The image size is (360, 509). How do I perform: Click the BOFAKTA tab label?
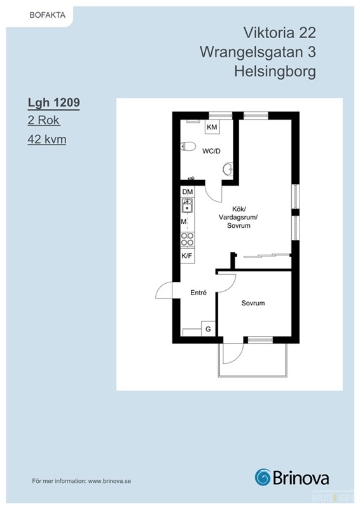click(x=48, y=15)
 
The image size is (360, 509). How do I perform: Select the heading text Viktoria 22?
click(x=279, y=32)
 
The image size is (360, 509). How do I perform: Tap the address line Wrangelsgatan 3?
click(x=258, y=52)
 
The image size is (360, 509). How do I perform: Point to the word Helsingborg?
click(x=275, y=72)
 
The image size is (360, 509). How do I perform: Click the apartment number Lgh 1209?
click(x=53, y=102)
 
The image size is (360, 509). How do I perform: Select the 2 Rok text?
click(x=43, y=120)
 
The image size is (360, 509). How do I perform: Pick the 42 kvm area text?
click(x=47, y=139)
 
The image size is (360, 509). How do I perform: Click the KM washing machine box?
click(x=212, y=127)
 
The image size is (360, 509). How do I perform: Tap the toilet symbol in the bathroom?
click(x=188, y=147)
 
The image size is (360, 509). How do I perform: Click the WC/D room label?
click(x=211, y=151)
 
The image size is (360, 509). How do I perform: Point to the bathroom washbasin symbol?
click(x=228, y=169)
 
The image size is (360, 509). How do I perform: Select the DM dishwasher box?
click(x=187, y=192)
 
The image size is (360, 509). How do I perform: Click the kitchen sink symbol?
click(x=187, y=206)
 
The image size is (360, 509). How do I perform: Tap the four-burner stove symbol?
click(x=187, y=240)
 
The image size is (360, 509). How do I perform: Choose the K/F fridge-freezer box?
click(x=187, y=256)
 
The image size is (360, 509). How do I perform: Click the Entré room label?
click(x=198, y=293)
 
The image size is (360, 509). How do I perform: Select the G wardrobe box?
click(x=208, y=329)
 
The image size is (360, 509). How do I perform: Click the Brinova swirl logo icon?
click(x=263, y=477)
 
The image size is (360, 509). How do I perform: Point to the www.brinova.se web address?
click(x=109, y=481)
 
